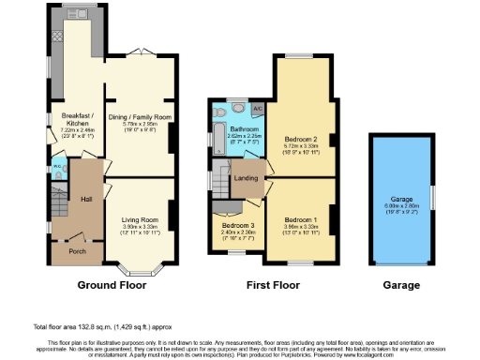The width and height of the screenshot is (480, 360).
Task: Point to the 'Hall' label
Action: (85, 199)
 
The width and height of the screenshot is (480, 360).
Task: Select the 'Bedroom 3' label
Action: (237, 226)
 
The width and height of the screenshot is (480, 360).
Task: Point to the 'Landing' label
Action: (247, 177)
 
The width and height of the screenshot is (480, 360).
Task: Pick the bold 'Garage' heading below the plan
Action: (403, 282)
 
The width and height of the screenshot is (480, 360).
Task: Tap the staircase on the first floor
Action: (222, 175)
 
